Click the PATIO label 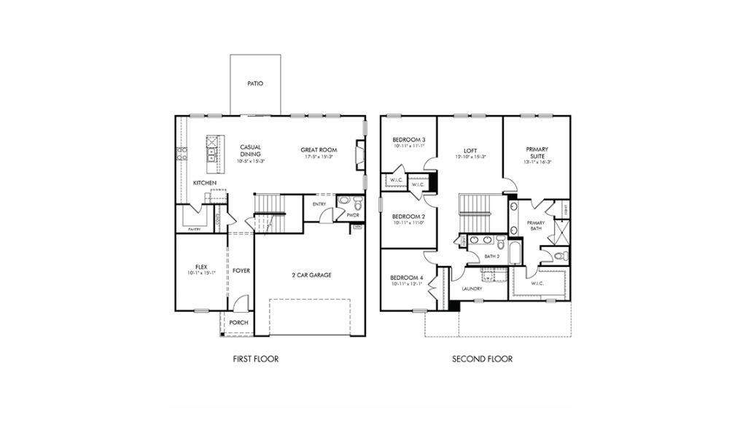(x=254, y=84)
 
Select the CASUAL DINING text (x=250, y=150)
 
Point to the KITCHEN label (x=204, y=182)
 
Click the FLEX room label (x=201, y=267)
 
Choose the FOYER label (x=241, y=270)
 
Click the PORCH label (x=238, y=322)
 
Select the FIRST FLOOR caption (x=255, y=359)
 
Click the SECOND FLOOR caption (x=482, y=359)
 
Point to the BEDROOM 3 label (x=408, y=140)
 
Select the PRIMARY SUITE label (x=537, y=152)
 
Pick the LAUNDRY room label (x=472, y=289)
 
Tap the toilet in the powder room (x=347, y=203)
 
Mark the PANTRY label (x=194, y=229)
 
